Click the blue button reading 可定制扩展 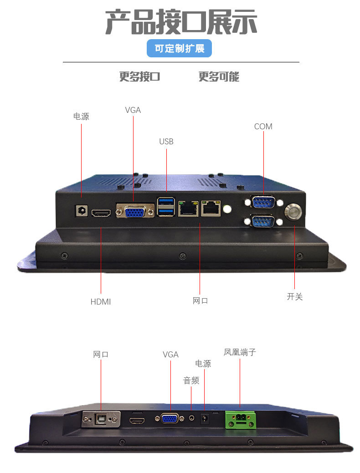(x=179, y=48)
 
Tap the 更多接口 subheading (x=139, y=76)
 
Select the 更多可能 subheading (x=219, y=76)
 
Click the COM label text (x=263, y=127)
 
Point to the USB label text (x=166, y=142)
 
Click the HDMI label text (x=101, y=302)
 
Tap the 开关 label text (x=294, y=296)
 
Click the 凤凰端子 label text (x=240, y=352)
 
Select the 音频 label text (x=191, y=381)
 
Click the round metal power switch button (x=293, y=212)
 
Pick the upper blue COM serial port (x=263, y=202)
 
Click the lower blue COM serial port (x=262, y=222)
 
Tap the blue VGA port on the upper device (x=135, y=212)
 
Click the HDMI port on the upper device (x=101, y=213)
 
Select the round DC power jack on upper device (x=81, y=211)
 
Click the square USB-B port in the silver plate (x=101, y=419)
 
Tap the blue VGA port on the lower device (x=170, y=418)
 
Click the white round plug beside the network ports (x=227, y=209)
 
